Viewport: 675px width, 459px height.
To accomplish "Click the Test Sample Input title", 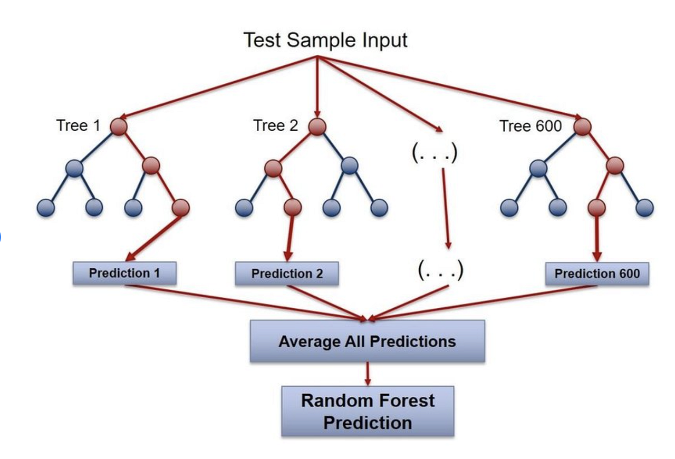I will click(x=325, y=40).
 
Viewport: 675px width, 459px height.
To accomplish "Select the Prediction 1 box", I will click(x=124, y=273).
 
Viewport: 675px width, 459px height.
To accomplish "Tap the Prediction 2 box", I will click(x=287, y=274).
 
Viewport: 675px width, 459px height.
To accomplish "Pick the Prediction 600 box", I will click(x=597, y=274).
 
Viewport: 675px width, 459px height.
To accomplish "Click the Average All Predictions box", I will click(x=367, y=341).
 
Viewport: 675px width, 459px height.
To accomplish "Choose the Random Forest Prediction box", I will click(x=368, y=412).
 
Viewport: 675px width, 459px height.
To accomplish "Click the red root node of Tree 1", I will click(x=120, y=126).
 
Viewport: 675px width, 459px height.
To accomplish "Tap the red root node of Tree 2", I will click(x=317, y=126).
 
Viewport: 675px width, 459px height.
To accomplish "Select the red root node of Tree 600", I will click(x=582, y=126).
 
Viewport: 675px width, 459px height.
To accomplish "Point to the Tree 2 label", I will click(x=275, y=126).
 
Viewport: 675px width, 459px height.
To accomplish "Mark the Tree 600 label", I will click(x=531, y=126).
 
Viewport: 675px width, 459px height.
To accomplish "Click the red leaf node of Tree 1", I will click(x=180, y=207).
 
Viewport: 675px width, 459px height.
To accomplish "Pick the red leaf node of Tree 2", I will click(x=293, y=207).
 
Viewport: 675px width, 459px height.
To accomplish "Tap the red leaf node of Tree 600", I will click(x=597, y=207).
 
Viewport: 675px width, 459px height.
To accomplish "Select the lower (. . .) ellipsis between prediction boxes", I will click(x=440, y=271).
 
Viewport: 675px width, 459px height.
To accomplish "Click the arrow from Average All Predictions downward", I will click(x=368, y=374).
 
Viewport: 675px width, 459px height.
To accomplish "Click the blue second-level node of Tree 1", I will click(x=75, y=168).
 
